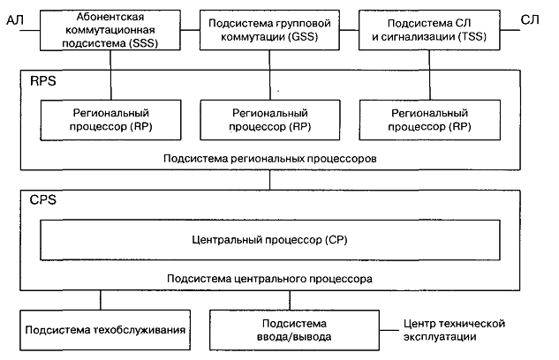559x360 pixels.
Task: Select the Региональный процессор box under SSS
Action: [x=111, y=119]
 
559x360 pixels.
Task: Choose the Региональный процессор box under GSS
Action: [x=271, y=119]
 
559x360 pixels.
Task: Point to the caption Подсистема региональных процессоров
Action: [x=271, y=160]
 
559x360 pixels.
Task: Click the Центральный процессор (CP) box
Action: [x=271, y=239]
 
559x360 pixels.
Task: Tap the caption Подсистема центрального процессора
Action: [x=271, y=278]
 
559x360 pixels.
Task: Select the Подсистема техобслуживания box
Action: [x=105, y=330]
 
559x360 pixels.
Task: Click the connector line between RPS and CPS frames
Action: [x=271, y=181]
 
